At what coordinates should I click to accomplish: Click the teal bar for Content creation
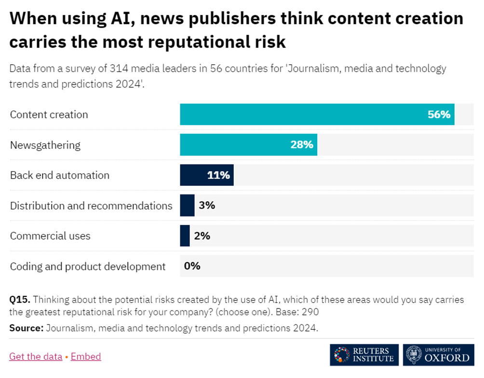click(x=317, y=114)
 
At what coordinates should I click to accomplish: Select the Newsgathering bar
click(x=248, y=145)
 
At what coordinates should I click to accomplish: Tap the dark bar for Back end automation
click(x=207, y=175)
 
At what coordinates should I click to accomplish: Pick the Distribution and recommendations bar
click(x=187, y=206)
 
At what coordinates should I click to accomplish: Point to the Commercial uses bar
click(x=185, y=236)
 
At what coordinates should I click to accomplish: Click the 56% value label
click(x=439, y=114)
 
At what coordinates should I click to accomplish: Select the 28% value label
click(x=302, y=145)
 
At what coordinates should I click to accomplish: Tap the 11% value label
click(x=218, y=175)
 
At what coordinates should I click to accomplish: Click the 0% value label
click(x=192, y=266)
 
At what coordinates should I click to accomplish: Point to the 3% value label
click(x=207, y=206)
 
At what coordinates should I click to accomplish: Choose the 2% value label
click(x=202, y=236)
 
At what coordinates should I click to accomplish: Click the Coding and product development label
click(x=88, y=266)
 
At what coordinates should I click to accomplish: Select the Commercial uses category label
click(x=50, y=236)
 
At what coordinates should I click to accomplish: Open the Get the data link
click(x=36, y=357)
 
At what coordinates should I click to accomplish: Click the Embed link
click(x=86, y=357)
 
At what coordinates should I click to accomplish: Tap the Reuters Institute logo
click(x=364, y=355)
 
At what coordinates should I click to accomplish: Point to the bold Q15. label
click(x=20, y=300)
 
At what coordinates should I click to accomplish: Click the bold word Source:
click(x=27, y=329)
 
